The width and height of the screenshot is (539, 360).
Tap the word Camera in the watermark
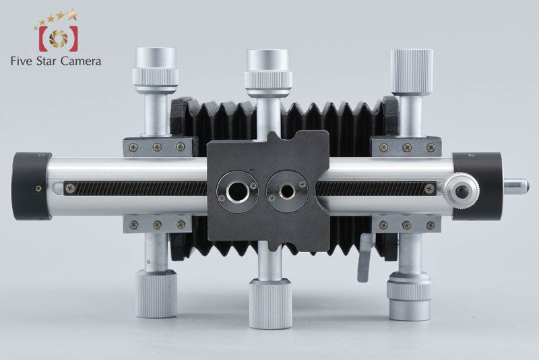[x=81, y=61]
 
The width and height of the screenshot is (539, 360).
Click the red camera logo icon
[x=59, y=38]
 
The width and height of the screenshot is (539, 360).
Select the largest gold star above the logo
[x=73, y=14]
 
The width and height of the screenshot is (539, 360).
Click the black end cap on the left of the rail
[x=31, y=186]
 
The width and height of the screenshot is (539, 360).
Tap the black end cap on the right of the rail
[x=478, y=186]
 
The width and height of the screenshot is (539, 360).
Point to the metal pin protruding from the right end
[x=516, y=185]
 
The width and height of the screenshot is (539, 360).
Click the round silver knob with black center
[x=462, y=191]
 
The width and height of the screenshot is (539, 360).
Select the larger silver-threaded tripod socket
[x=236, y=191]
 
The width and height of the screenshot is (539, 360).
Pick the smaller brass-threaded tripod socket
[x=287, y=191]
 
